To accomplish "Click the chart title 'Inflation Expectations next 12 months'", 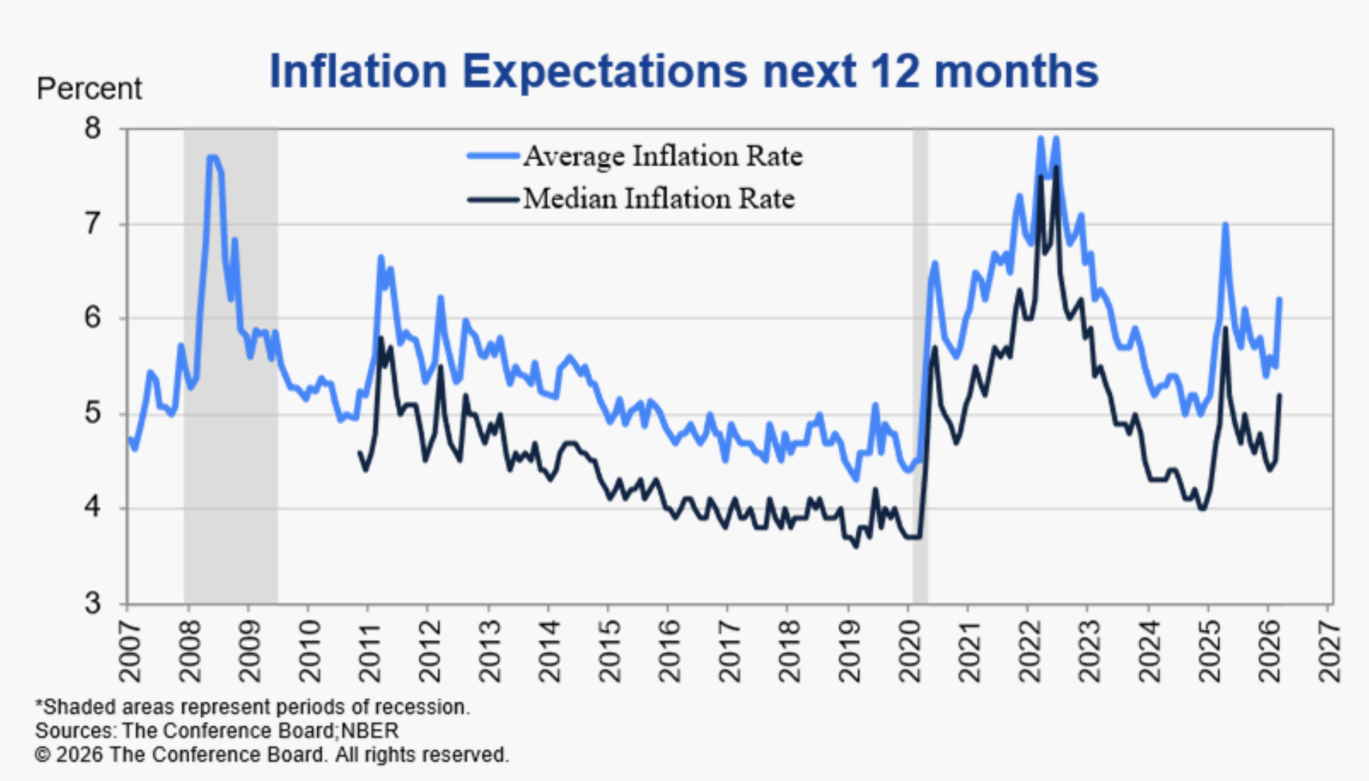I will point(683,71).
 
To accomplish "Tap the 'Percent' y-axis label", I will point(89,89).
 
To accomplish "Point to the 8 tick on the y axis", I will point(92,129).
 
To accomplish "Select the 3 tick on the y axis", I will point(92,603).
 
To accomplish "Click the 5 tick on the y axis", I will point(92,413).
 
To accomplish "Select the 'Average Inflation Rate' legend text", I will point(663,156).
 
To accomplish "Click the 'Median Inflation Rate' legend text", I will point(658,199).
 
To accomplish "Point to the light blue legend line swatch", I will point(493,156).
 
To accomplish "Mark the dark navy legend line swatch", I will point(493,200).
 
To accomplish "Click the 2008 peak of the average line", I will point(212,157).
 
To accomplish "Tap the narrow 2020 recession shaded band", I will point(920,367).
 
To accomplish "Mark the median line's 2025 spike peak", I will point(1225,328).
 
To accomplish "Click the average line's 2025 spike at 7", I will point(1225,224).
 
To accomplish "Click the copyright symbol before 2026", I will point(43,756).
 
